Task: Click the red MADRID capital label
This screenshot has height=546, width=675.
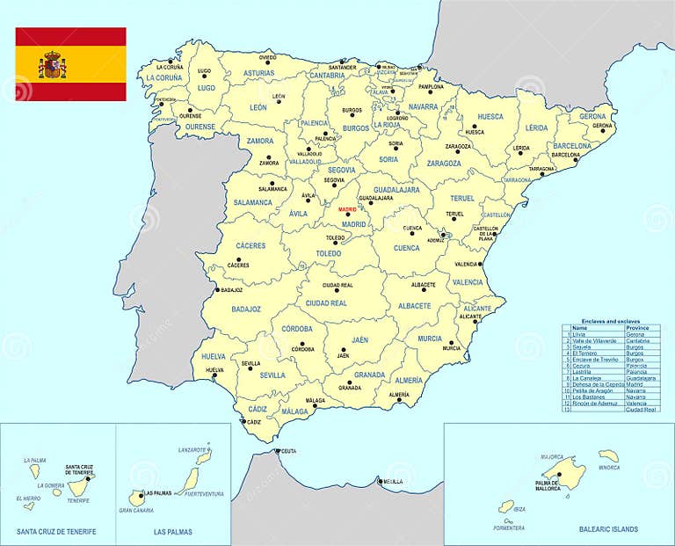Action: click(x=347, y=210)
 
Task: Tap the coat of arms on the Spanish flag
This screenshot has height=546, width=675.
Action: click(x=52, y=64)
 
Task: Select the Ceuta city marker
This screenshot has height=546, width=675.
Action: click(x=277, y=451)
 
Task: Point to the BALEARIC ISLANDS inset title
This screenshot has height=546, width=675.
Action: click(x=608, y=529)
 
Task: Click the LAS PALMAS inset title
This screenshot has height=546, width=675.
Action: click(x=172, y=532)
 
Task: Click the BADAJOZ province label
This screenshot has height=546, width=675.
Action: click(x=246, y=309)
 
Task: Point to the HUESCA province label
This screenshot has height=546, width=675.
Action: click(x=490, y=116)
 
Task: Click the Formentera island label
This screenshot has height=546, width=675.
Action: click(x=509, y=528)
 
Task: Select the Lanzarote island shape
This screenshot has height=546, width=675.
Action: click(x=201, y=455)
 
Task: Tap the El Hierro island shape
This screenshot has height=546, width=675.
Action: click(x=31, y=506)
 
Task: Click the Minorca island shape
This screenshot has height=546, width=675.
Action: click(x=608, y=455)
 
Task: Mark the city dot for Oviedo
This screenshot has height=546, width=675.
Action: click(x=268, y=62)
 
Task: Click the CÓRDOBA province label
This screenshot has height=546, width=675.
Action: click(x=297, y=329)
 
